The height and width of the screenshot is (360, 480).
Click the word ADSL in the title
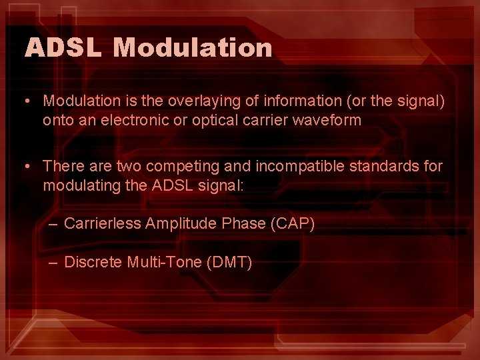click(64, 47)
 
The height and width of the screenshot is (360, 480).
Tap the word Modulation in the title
click(193, 47)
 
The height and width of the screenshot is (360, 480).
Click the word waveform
click(325, 121)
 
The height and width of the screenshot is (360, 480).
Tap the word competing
click(175, 166)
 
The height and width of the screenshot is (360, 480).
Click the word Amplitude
click(180, 224)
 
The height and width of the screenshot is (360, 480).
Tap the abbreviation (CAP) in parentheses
click(293, 224)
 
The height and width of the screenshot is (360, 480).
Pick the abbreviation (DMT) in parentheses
click(230, 263)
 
